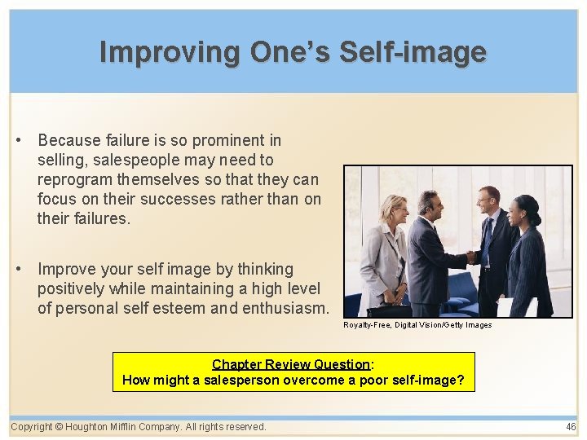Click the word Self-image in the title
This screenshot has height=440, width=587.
[413, 52]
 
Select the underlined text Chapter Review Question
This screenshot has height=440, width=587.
[291, 364]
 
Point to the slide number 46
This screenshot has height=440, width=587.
[570, 427]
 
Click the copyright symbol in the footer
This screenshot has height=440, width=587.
[60, 427]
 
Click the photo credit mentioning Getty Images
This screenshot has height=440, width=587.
[417, 325]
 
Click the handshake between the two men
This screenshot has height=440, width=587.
[471, 257]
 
